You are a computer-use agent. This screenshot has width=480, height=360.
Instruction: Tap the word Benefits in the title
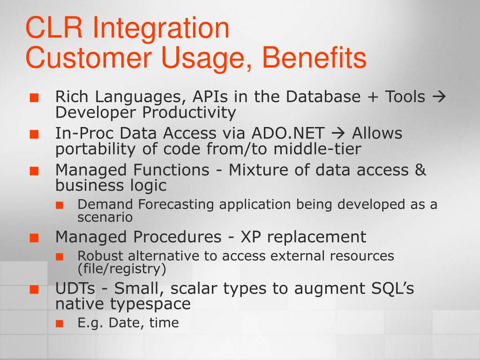click(315, 57)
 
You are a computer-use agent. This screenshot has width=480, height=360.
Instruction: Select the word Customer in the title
click(89, 57)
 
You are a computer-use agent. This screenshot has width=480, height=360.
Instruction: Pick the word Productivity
click(189, 113)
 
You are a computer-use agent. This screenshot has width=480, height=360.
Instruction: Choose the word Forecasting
click(176, 205)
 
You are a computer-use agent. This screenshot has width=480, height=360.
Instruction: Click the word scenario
click(105, 217)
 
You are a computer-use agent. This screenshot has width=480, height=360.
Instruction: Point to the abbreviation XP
click(251, 237)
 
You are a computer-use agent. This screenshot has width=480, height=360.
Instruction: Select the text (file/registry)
click(122, 269)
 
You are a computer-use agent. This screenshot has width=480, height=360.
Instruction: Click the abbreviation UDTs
click(75, 288)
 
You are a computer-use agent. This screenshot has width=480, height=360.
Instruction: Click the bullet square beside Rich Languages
click(34, 98)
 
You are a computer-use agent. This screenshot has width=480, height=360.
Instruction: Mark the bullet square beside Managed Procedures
click(34, 238)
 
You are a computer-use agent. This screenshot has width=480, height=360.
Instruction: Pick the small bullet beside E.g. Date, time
click(60, 323)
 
